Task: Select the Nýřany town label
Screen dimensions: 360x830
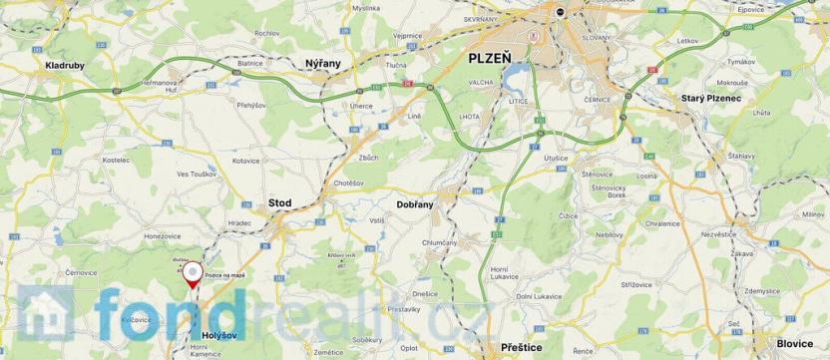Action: (x=322, y=63)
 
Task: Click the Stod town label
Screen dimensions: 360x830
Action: (x=280, y=202)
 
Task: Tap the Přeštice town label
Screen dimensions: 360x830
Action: (x=516, y=346)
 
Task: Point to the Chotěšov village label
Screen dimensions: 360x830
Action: (x=351, y=182)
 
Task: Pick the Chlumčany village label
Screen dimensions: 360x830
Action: (x=439, y=242)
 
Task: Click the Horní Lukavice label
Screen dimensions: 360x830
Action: (x=507, y=273)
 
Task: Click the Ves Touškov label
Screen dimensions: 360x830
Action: (x=197, y=175)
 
